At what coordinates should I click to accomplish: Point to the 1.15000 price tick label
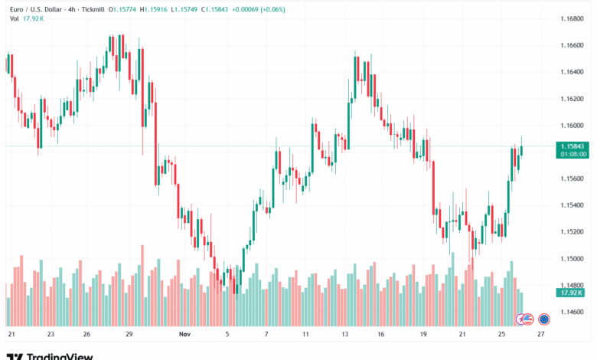coord(572,258)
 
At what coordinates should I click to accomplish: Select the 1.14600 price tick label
coord(572,312)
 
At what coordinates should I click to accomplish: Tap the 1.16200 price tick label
coord(572,98)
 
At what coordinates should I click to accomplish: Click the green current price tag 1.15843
coord(573,146)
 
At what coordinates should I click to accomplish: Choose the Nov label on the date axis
coord(184,335)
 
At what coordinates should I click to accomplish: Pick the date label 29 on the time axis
coord(130,335)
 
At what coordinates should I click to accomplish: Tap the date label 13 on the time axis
coord(347,335)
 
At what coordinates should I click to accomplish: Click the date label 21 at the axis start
coord(11,335)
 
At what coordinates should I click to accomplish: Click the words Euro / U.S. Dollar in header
coord(36,8)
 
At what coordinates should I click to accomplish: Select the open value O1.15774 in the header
coord(124,8)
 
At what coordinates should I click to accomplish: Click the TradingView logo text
coord(60,355)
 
